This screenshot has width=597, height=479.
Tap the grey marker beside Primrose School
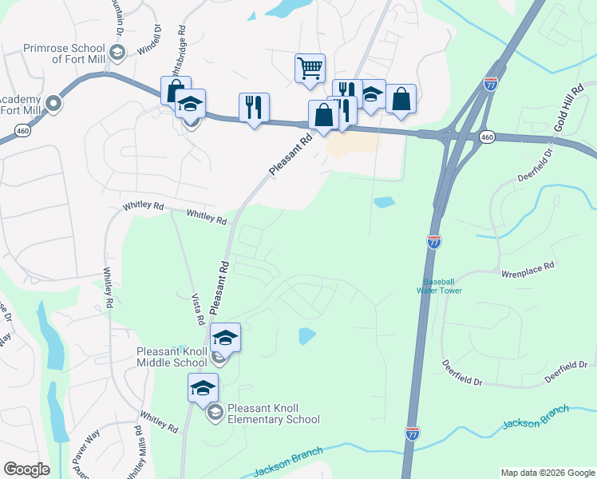[117, 54]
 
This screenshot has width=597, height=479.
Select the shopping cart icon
[310, 67]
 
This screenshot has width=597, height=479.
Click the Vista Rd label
[196, 308]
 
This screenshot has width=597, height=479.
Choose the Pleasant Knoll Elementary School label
[273, 413]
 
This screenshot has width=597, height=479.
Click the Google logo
[26, 469]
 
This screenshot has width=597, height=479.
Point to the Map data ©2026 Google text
[547, 473]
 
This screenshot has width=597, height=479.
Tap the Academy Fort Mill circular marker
[53, 103]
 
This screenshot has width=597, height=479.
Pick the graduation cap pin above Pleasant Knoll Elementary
[203, 388]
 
